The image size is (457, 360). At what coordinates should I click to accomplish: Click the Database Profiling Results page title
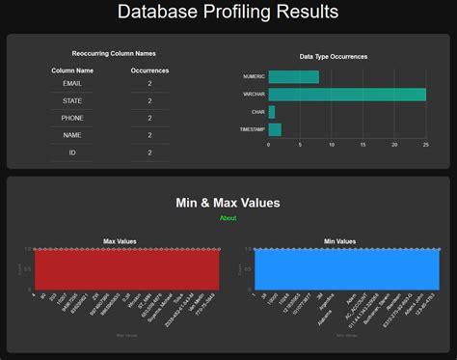click(x=228, y=13)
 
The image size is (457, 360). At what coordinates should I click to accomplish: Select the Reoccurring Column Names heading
click(x=114, y=54)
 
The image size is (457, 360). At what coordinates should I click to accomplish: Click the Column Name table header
click(x=72, y=70)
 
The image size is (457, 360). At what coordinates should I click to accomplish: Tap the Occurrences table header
click(x=149, y=70)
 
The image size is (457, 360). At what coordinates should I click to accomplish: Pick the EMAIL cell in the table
click(x=72, y=85)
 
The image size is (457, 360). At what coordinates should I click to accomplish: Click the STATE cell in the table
click(x=72, y=101)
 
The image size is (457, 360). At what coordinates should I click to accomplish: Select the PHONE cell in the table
click(x=72, y=118)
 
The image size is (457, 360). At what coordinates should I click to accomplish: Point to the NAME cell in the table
click(x=72, y=134)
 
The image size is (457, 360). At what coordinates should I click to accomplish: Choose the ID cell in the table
click(x=72, y=152)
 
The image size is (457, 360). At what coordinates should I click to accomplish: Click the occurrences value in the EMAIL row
click(x=149, y=85)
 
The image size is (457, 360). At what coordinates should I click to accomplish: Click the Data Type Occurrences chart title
click(x=333, y=57)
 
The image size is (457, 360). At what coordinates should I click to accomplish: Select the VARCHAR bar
click(x=346, y=95)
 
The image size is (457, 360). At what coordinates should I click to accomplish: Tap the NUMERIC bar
click(x=293, y=77)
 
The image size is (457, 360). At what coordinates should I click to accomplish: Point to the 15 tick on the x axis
click(x=363, y=145)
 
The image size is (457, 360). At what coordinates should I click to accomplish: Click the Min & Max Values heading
click(x=228, y=203)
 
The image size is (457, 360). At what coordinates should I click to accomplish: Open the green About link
click(x=228, y=218)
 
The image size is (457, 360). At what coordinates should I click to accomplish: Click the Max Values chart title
click(x=120, y=241)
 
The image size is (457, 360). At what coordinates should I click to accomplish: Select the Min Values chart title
click(x=339, y=241)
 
